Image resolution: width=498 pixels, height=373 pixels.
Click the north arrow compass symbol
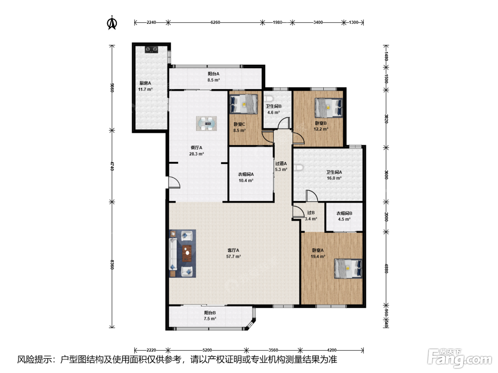[112, 23]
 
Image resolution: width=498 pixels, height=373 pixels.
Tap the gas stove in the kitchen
[151, 49]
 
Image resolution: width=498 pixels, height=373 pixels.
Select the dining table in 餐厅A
[206, 123]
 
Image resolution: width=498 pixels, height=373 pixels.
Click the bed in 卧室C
[243, 104]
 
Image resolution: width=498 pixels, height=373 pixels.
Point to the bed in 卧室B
[328, 108]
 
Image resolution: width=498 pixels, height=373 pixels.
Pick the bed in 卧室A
[348, 269]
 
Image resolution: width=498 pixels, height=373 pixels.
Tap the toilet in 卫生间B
[269, 98]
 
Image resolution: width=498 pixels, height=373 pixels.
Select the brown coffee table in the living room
[187, 253]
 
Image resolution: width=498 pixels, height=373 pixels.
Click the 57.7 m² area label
[233, 256]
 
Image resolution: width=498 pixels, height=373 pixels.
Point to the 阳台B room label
[210, 313]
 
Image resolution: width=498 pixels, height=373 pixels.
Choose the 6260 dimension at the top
[215, 22]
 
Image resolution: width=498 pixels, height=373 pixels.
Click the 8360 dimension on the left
[112, 265]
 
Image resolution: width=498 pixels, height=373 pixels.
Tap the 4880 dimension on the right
[386, 268]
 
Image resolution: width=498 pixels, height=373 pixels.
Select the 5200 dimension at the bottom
[207, 350]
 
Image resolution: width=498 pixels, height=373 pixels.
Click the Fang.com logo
[459, 358]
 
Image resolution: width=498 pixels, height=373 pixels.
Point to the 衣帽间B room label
[344, 213]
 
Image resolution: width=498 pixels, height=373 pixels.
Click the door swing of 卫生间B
[284, 123]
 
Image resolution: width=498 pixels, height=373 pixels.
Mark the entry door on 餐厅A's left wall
[174, 183]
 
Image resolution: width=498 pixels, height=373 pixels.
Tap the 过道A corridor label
[281, 163]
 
